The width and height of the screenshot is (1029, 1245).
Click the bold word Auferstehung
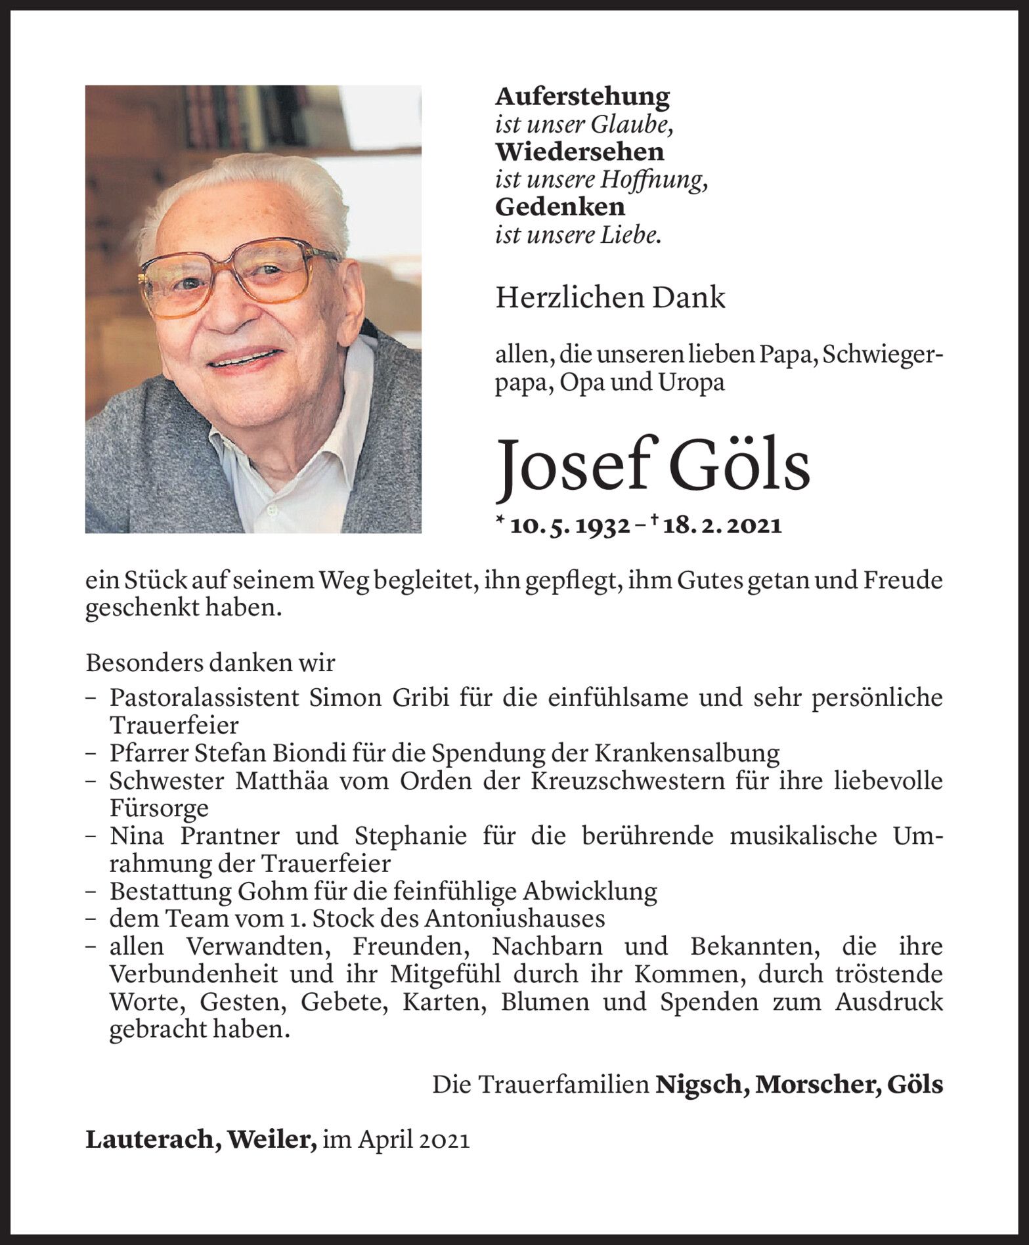[582, 97]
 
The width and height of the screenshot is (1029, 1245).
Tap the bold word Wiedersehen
[579, 152]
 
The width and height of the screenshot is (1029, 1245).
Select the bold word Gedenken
[559, 207]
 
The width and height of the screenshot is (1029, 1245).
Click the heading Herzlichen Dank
[610, 298]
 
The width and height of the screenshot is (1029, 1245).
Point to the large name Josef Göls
[652, 465]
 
